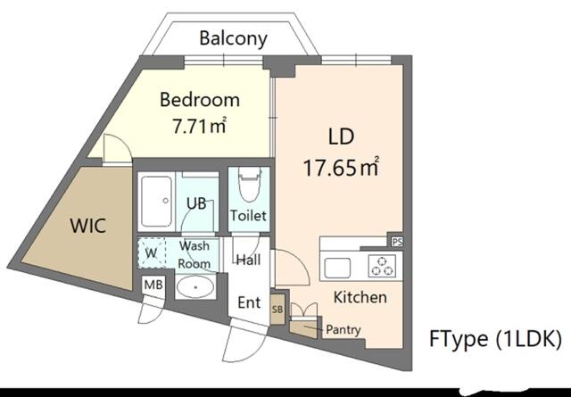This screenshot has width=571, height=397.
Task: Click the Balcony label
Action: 234,38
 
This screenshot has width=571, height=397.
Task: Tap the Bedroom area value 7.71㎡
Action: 199,126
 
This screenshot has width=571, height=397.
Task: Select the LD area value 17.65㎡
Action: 341,169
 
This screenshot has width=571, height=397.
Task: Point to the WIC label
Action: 88,226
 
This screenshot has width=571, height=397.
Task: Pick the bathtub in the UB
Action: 157,202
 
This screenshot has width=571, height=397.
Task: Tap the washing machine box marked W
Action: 152,252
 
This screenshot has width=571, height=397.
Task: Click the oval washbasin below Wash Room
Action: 195,287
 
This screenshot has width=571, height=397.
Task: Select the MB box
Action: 153,285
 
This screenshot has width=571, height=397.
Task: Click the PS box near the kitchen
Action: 397,242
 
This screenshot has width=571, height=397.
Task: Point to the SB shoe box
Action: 277,309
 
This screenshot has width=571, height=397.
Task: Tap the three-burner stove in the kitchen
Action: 381,266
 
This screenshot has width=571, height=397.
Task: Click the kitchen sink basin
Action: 337,268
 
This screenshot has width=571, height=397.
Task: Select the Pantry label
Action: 343,330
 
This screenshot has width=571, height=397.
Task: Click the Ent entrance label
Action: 249,302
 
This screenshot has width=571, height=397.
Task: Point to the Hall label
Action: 248,260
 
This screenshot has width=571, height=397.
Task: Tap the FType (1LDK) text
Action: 495,339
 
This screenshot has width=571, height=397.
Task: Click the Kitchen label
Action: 360,298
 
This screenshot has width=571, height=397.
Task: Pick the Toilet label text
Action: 248,216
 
